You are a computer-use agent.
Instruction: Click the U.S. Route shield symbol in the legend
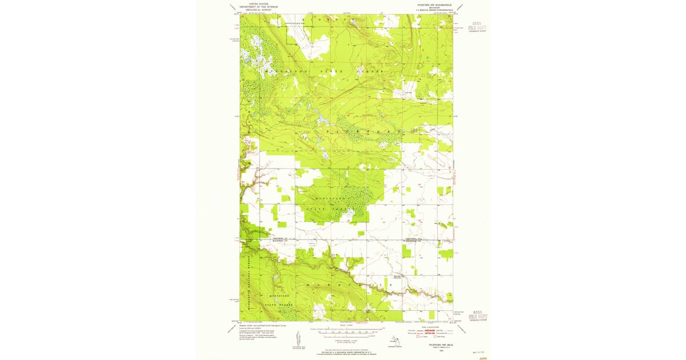pos(418,337)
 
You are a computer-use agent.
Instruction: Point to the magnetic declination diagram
pos(298,338)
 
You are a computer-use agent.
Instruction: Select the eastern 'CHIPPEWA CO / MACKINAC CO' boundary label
pos(413,239)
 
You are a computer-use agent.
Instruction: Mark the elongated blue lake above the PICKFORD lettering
pos(321,119)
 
